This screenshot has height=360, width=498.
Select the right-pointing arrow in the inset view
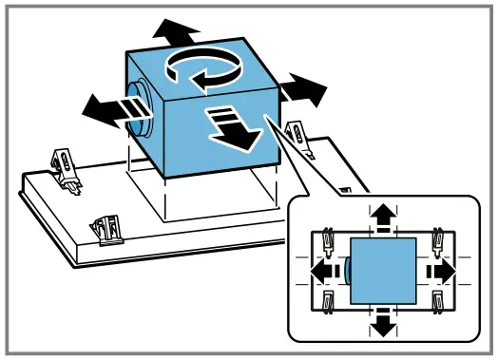click(440, 271)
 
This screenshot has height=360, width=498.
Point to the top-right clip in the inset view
click(439, 241)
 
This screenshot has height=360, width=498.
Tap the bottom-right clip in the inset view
click(439, 301)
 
